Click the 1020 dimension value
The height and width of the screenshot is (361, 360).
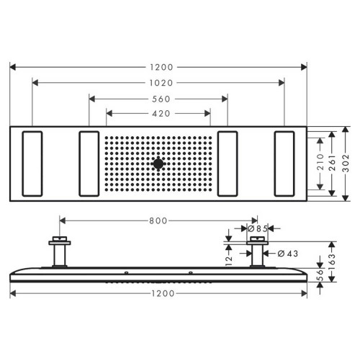[x=158, y=83]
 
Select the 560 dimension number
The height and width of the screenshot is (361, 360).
[x=158, y=98]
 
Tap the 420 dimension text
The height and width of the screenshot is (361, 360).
[x=158, y=113]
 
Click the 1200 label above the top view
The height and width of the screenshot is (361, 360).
[x=158, y=67]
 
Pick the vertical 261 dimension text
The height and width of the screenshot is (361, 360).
[x=333, y=163]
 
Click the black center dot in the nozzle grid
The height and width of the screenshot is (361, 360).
[x=158, y=164]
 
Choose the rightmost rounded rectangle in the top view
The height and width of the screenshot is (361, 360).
[x=284, y=164]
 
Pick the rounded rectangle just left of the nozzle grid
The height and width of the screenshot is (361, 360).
[x=89, y=164]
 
